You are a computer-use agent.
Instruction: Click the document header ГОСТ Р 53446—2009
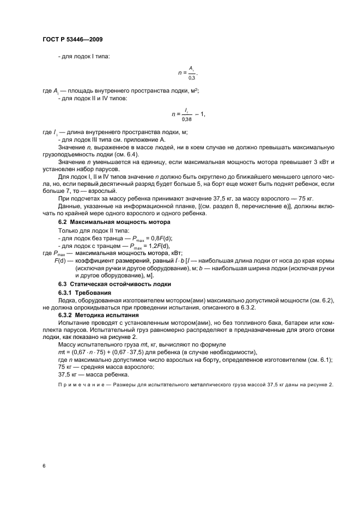[x=72, y=40]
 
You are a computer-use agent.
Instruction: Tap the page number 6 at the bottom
[x=44, y=466]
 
